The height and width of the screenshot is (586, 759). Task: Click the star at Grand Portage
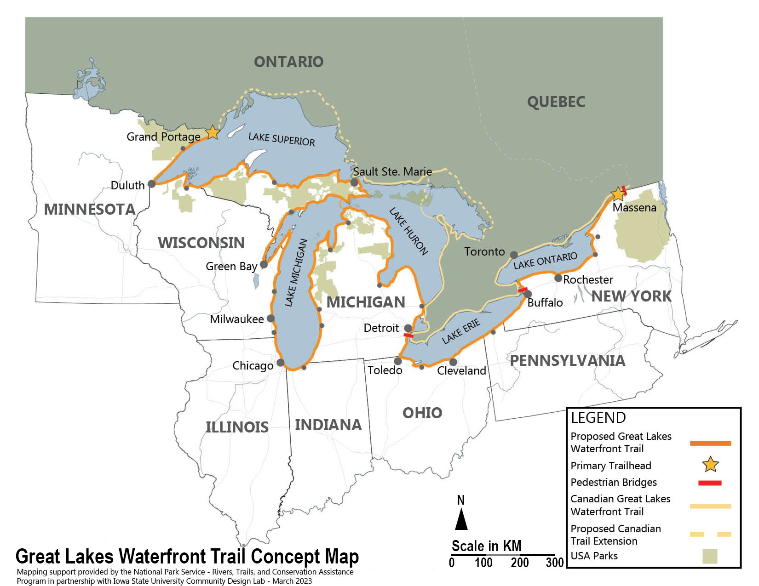click(x=212, y=132)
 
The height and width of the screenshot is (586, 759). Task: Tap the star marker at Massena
click(x=617, y=194)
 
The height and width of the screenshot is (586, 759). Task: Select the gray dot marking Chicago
click(x=280, y=363)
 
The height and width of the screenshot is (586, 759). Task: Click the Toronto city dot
click(x=514, y=255)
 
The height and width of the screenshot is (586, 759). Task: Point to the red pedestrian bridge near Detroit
click(x=408, y=336)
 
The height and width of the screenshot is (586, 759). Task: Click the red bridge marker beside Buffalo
click(x=523, y=290)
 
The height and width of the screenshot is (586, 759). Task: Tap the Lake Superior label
click(x=282, y=139)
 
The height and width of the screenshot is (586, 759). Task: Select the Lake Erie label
click(x=461, y=331)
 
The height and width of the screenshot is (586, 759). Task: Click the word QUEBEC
click(x=556, y=102)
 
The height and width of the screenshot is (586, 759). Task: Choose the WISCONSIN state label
click(x=201, y=243)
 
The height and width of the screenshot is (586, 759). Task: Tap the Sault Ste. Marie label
click(x=392, y=171)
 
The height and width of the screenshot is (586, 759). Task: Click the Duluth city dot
click(x=151, y=184)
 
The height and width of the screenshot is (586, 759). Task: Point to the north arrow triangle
click(x=461, y=521)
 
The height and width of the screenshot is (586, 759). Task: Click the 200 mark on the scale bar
click(x=520, y=563)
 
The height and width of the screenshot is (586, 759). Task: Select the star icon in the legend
click(x=710, y=465)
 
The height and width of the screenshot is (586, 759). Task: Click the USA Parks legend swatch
click(x=710, y=556)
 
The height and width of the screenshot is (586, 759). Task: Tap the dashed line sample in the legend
click(x=710, y=534)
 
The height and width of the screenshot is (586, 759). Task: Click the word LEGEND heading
click(x=598, y=417)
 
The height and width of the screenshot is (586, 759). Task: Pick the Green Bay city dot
click(x=264, y=264)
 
